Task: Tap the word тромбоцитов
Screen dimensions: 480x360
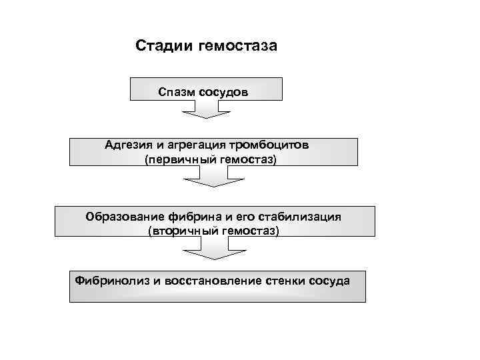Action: (269, 145)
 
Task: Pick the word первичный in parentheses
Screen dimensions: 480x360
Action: (175, 160)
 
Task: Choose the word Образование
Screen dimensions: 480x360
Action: (125, 217)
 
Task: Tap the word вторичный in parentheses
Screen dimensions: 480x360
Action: (178, 231)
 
